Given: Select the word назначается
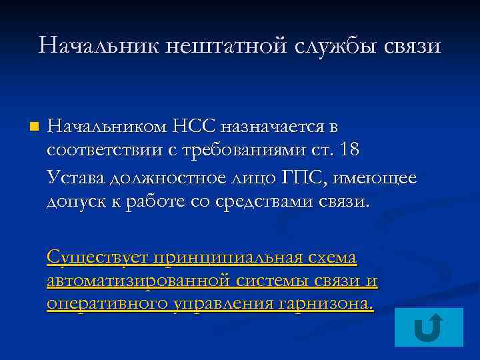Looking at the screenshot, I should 275,125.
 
